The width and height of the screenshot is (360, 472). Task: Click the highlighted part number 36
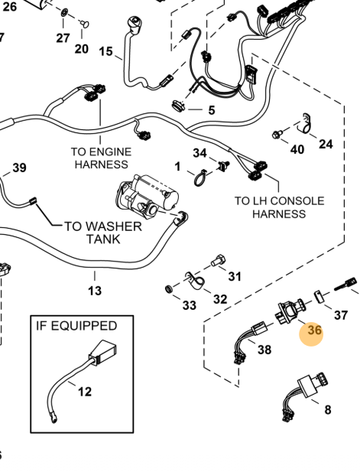pos(315,330)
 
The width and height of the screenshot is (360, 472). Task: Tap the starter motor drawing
pos(148,196)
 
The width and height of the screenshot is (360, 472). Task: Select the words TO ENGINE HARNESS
pos(102,158)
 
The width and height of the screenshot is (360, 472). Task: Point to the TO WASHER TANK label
pos(103,233)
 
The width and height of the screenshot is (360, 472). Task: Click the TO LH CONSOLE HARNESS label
pos(280,207)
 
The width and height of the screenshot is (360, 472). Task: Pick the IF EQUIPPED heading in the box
pos(76,326)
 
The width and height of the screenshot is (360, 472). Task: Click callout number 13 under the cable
pos(95,291)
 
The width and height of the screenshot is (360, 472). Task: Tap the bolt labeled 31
pos(219,260)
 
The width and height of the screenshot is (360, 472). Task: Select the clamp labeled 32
pos(194,282)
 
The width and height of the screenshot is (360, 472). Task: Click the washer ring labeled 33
pos(170,289)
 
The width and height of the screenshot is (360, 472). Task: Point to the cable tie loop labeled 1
pos(200,178)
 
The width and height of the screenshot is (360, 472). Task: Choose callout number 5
pos(212,110)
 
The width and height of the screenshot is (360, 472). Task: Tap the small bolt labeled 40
pos(277,134)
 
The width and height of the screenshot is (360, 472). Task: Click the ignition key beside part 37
pos(346,285)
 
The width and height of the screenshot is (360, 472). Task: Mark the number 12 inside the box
pos(85,392)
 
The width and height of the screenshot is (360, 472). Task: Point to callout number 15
pos(106,51)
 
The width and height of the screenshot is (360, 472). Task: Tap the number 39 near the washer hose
pos(20,168)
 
